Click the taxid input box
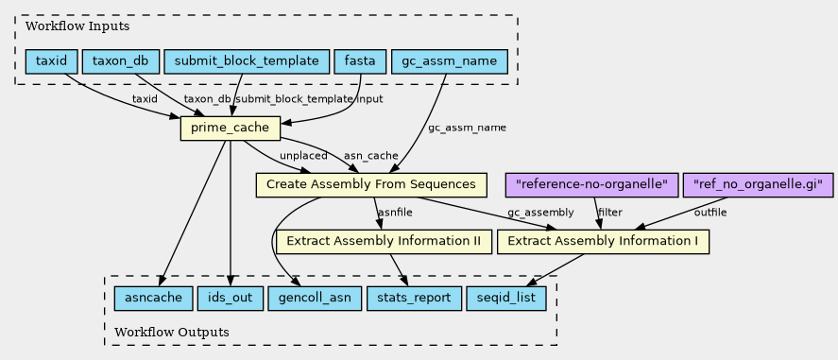[52, 61]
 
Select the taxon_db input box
[121, 61]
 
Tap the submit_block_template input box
[247, 61]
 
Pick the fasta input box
[360, 61]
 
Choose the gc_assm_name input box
[449, 61]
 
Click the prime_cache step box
[231, 129]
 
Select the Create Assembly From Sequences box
[371, 185]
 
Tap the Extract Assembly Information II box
[385, 242]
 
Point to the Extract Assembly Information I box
[603, 242]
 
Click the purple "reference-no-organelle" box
[591, 185]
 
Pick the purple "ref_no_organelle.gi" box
[758, 185]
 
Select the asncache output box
[153, 298]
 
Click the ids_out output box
[231, 298]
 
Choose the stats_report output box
[414, 298]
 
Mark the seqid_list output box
[506, 298]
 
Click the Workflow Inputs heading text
[77, 26]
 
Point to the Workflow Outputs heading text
[172, 333]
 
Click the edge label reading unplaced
[303, 156]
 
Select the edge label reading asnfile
[395, 213]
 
